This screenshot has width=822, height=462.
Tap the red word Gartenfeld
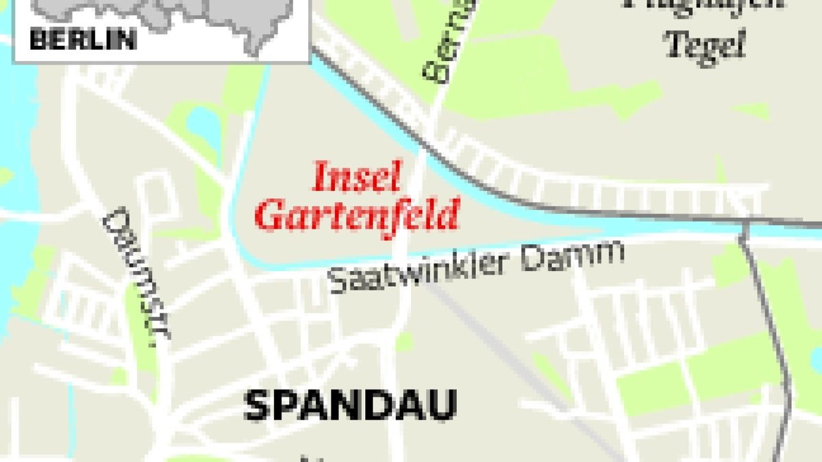[356, 216]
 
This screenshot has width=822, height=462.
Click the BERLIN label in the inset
[83, 39]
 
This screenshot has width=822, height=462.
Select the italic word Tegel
[705, 47]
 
